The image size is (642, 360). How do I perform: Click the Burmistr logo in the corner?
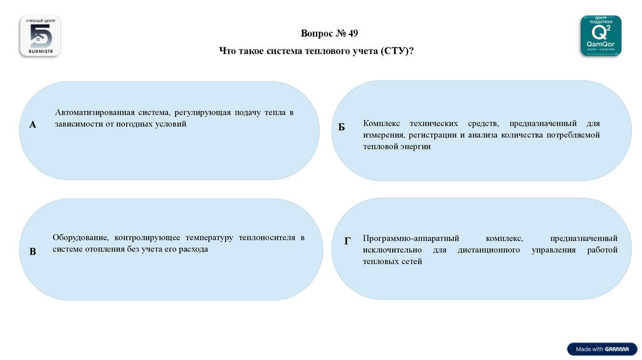(x=40, y=37)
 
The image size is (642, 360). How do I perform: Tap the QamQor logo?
(x=601, y=36)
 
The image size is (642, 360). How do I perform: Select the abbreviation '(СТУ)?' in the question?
(x=397, y=51)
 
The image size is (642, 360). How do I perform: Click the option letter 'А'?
(x=33, y=125)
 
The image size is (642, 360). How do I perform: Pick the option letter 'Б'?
(x=342, y=127)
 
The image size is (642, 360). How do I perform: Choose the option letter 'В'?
(x=33, y=251)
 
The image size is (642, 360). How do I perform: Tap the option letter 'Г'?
(x=347, y=241)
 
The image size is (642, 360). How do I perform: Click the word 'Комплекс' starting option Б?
(x=380, y=123)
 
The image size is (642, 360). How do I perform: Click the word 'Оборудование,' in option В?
(x=81, y=238)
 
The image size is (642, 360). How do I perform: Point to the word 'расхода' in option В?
(x=192, y=249)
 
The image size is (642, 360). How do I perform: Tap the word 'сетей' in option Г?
(x=411, y=262)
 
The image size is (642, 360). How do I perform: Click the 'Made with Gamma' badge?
(x=602, y=349)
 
